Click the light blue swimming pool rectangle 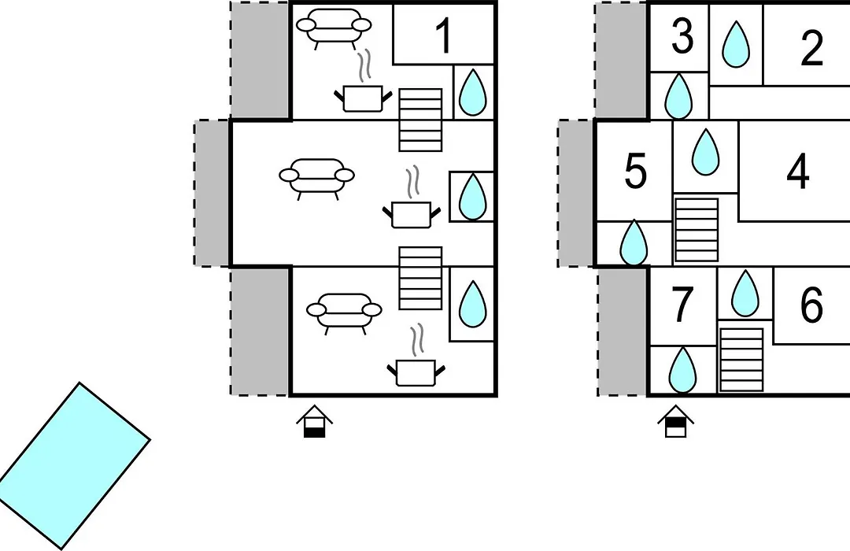74,466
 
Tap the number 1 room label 444,35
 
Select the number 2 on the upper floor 811,48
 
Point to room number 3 682,37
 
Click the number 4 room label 797,172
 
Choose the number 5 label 636,171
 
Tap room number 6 811,305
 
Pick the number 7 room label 682,305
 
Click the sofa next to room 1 334,26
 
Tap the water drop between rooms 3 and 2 736,44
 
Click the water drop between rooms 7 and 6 745,294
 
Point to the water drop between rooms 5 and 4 705,152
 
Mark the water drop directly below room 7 682,370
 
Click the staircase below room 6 741,360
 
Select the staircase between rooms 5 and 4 697,230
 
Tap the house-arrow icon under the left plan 314,421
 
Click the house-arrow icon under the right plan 676,421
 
